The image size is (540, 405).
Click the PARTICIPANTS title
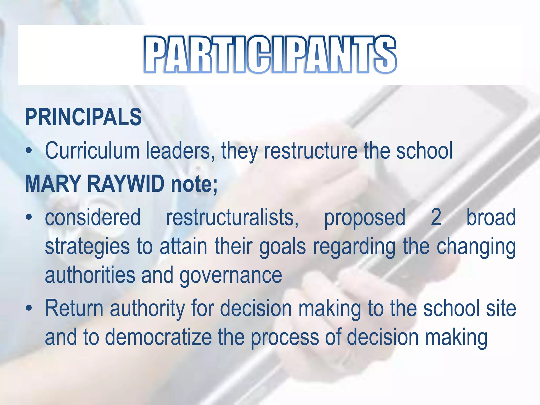[270, 55]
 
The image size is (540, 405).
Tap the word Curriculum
[92, 151]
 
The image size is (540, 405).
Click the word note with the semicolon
[194, 184]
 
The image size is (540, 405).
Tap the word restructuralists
[232, 218]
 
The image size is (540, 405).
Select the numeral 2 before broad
[436, 218]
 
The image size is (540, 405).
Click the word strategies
[87, 247]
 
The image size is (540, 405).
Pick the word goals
[282, 247]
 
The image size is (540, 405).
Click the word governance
[231, 275]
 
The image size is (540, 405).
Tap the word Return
[74, 308]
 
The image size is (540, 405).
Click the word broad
[491, 218]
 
